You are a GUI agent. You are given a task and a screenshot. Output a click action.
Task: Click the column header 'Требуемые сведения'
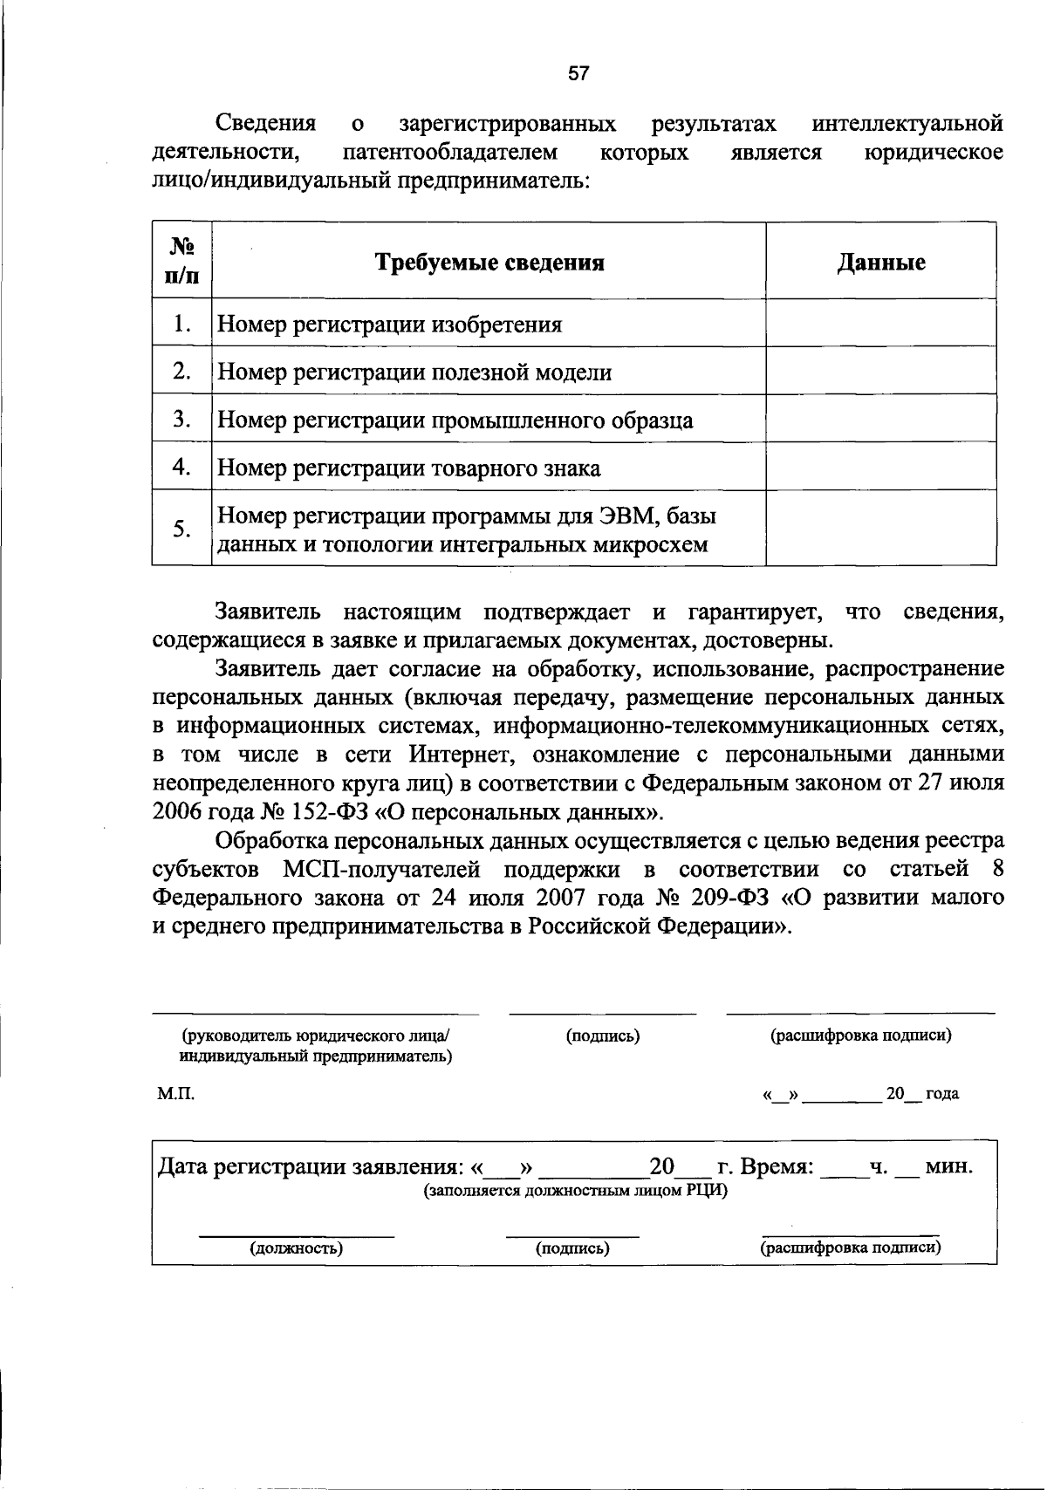pyautogui.click(x=489, y=263)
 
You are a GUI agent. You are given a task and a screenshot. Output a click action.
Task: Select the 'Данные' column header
pyautogui.click(x=881, y=263)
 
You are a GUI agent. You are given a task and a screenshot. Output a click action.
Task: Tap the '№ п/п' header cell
pyautogui.click(x=181, y=262)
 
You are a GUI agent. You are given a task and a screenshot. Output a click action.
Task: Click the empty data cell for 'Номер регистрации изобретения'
pyautogui.click(x=881, y=324)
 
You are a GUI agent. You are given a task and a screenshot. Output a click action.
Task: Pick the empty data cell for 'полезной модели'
pyautogui.click(x=881, y=372)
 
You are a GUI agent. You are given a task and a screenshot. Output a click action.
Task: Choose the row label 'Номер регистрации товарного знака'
pyautogui.click(x=408, y=468)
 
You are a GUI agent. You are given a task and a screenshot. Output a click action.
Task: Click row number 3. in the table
pyautogui.click(x=181, y=420)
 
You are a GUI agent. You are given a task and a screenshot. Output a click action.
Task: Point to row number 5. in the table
pyautogui.click(x=181, y=529)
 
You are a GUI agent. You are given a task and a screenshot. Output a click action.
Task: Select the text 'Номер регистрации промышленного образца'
pyautogui.click(x=455, y=420)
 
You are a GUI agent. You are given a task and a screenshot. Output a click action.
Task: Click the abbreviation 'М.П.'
pyautogui.click(x=171, y=1094)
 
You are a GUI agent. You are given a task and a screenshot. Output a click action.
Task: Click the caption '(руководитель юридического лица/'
pyautogui.click(x=316, y=1035)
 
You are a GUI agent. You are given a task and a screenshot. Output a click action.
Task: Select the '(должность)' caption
pyautogui.click(x=297, y=1248)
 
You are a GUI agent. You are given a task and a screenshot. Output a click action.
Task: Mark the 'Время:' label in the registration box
pyautogui.click(x=777, y=1166)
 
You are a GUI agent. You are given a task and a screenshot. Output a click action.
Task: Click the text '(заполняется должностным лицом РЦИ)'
pyautogui.click(x=576, y=1191)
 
